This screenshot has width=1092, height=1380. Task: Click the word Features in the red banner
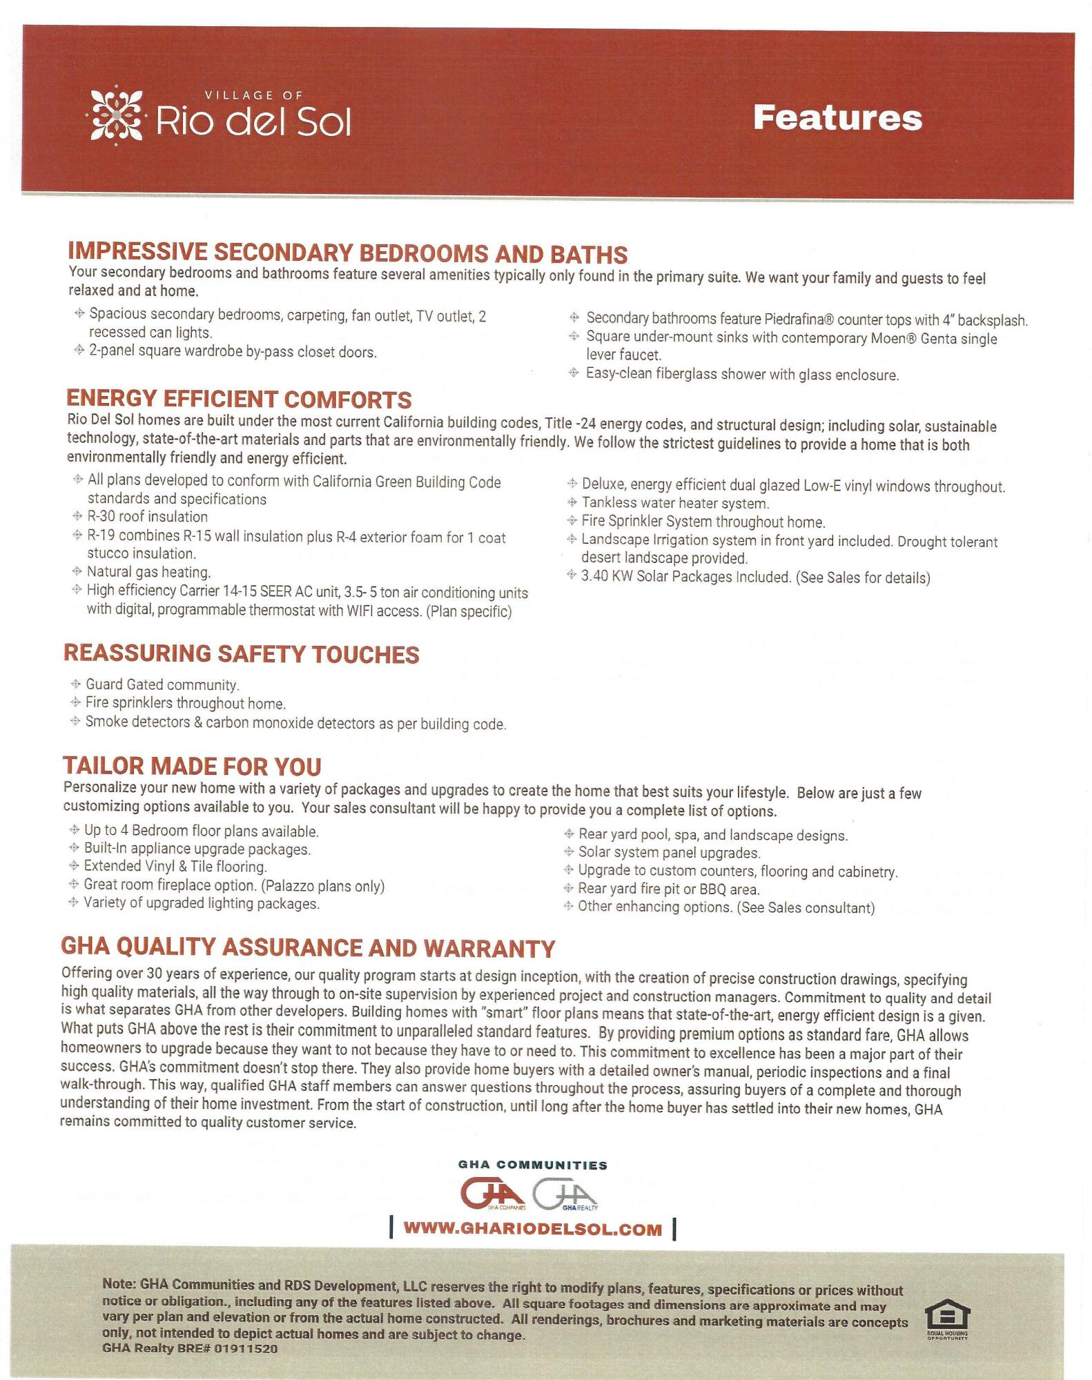click(x=837, y=118)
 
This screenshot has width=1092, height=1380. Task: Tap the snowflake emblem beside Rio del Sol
click(x=115, y=115)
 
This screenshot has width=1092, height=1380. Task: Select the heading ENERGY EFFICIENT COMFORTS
click(x=239, y=400)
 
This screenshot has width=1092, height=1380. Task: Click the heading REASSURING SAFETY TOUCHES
click(x=242, y=654)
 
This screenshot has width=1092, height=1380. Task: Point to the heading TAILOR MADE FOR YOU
click(x=192, y=767)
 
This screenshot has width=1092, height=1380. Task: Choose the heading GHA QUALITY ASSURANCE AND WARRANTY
click(x=308, y=948)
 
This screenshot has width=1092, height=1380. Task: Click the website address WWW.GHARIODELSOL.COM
click(x=532, y=1229)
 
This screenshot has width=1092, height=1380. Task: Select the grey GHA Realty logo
click(x=565, y=1194)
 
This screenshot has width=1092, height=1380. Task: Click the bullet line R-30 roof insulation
click(x=147, y=517)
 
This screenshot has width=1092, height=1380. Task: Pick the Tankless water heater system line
click(x=674, y=504)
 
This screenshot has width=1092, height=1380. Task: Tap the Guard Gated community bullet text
click(x=162, y=685)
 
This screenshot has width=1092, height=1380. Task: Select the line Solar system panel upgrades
click(x=669, y=853)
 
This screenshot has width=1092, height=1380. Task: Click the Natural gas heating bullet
click(x=148, y=572)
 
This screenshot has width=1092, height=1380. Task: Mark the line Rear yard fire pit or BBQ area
click(x=668, y=889)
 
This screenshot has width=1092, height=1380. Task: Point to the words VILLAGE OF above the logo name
click(x=253, y=95)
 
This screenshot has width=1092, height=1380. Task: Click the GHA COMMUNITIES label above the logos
click(x=532, y=1165)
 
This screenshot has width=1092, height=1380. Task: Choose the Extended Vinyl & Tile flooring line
click(x=175, y=867)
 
